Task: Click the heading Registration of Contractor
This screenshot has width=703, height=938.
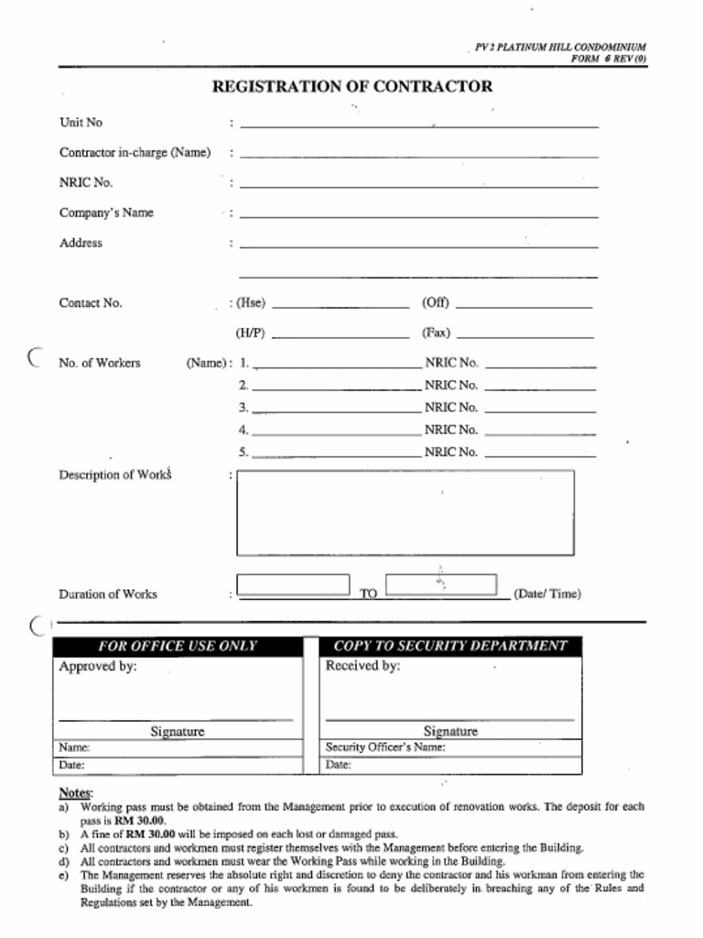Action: (351, 87)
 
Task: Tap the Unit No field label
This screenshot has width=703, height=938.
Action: (81, 123)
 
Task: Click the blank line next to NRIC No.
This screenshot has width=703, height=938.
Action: (418, 185)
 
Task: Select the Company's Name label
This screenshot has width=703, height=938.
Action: (106, 213)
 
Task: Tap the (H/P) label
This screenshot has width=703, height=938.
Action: (250, 333)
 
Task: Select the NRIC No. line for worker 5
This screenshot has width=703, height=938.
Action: (539, 453)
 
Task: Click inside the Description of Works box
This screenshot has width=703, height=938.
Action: (405, 512)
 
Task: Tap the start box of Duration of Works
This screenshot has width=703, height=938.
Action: (293, 584)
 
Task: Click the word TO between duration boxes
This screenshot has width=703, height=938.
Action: (368, 594)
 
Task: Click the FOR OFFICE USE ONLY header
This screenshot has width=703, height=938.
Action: (178, 646)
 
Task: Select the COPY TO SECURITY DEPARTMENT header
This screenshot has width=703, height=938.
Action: (450, 646)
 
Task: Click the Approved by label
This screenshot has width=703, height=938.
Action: (97, 667)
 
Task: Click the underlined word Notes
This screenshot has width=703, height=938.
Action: (75, 792)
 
